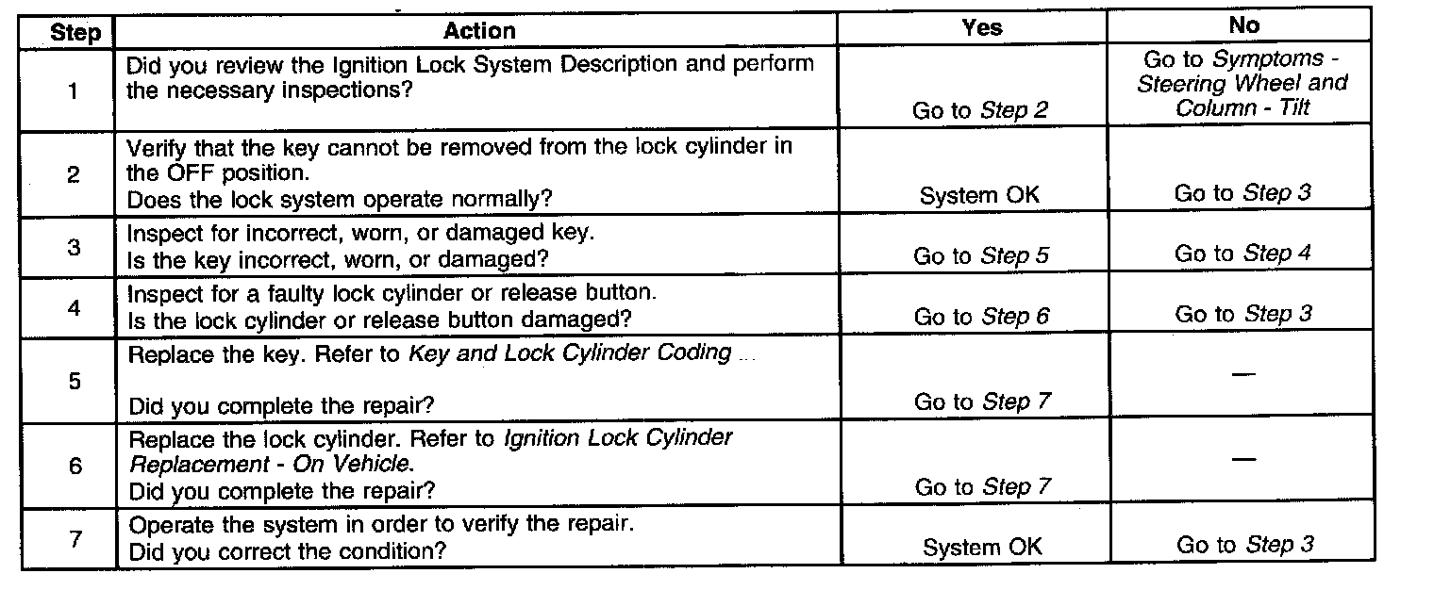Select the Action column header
pyautogui.click(x=479, y=31)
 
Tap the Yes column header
pyautogui.click(x=981, y=27)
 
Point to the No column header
pyautogui.click(x=1243, y=26)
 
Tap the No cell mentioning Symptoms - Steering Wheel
pyautogui.click(x=1242, y=83)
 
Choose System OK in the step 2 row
pyautogui.click(x=979, y=195)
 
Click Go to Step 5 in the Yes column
pyautogui.click(x=981, y=255)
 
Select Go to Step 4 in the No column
pyautogui.click(x=1242, y=254)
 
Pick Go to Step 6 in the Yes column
pyautogui.click(x=981, y=317)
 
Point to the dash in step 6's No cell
pyautogui.click(x=1243, y=459)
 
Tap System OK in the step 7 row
pyautogui.click(x=982, y=548)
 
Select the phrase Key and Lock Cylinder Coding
pyautogui.click(x=570, y=353)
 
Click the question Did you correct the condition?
pyautogui.click(x=287, y=550)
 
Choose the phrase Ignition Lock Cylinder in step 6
pyautogui.click(x=618, y=438)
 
